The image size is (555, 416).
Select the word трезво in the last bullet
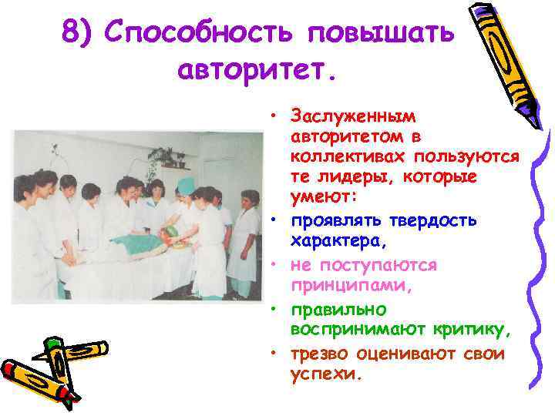click(320, 354)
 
